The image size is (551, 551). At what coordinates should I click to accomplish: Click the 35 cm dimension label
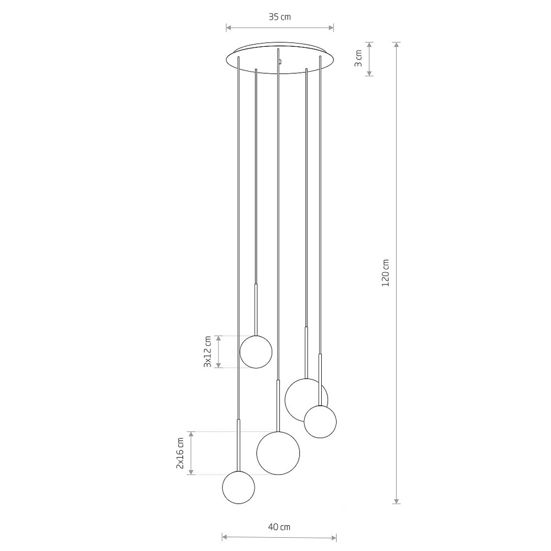(280, 17)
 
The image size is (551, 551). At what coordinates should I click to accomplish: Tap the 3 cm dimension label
(358, 59)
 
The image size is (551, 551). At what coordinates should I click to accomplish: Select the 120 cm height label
(386, 273)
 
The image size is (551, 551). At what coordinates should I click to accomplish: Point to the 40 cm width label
(279, 527)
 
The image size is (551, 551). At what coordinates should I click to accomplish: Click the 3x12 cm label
(207, 352)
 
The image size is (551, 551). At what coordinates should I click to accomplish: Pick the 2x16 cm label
(180, 453)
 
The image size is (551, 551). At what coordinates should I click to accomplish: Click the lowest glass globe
(239, 488)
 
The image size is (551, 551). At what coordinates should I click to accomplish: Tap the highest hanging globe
(256, 352)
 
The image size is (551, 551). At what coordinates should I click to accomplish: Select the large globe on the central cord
(278, 453)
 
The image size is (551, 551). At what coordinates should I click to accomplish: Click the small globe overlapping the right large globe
(320, 422)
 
